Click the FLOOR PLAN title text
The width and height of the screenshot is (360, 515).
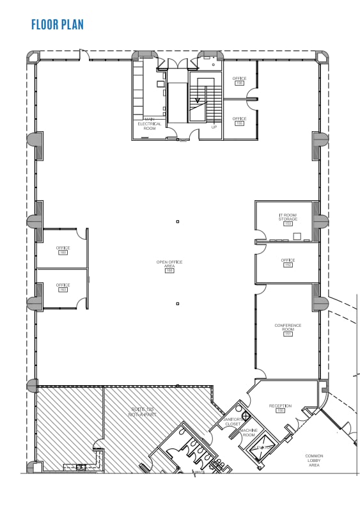(x=57, y=25)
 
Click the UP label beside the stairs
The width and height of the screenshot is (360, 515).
(x=214, y=127)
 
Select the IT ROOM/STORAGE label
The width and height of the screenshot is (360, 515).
(x=288, y=218)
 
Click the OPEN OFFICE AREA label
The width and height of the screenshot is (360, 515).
(x=169, y=264)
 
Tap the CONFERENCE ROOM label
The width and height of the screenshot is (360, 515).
(x=288, y=328)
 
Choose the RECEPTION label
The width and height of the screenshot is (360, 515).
(x=280, y=406)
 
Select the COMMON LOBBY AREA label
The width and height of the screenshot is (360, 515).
(x=314, y=461)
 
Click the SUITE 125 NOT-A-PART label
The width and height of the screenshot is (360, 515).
(x=144, y=413)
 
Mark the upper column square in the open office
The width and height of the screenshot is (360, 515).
(x=178, y=221)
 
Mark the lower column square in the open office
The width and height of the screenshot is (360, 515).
(x=178, y=303)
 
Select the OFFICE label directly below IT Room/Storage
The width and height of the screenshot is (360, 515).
(x=288, y=260)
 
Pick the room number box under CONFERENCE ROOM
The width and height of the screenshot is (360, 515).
(x=288, y=334)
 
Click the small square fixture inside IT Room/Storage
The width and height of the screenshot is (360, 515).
(x=297, y=236)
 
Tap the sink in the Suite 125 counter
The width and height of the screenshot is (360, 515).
(x=81, y=467)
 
